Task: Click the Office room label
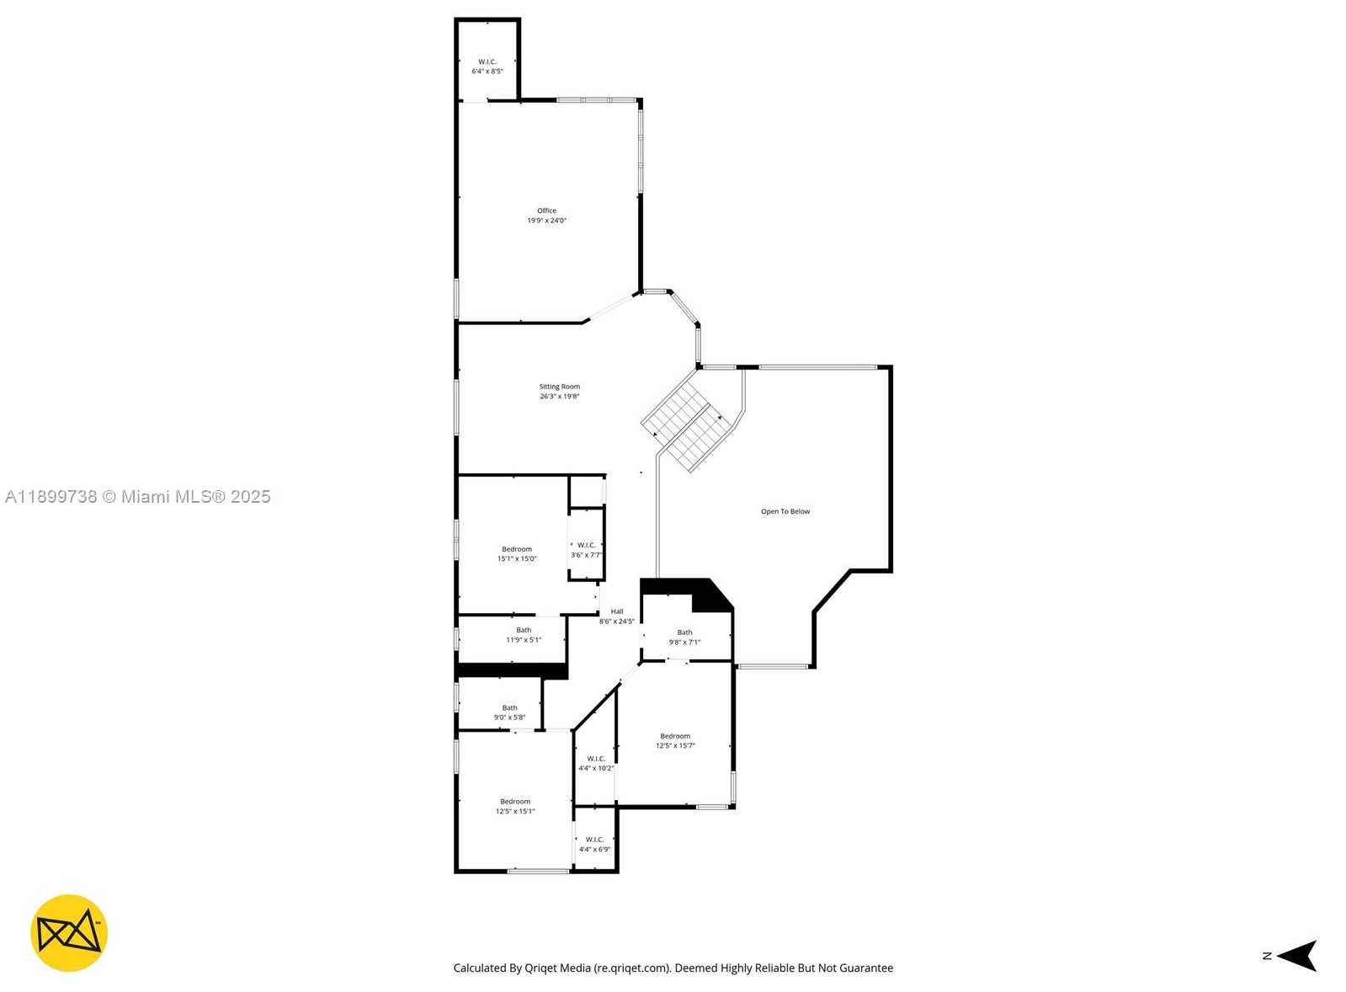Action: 546,211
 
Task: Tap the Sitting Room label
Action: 559,387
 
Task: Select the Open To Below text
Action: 785,511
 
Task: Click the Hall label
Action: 617,612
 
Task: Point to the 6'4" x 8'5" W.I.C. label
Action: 487,67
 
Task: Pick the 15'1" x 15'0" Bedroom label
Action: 516,553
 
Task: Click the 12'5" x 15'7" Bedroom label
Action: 674,740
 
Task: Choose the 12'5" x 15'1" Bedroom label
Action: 514,806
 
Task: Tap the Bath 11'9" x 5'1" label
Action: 523,635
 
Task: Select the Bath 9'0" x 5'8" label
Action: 509,712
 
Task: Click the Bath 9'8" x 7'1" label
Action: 684,637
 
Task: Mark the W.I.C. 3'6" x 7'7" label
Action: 586,550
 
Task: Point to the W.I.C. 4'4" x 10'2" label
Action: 595,763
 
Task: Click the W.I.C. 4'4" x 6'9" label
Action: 594,844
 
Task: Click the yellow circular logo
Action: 69,933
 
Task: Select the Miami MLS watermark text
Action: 137,497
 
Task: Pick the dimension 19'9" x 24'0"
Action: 546,221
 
